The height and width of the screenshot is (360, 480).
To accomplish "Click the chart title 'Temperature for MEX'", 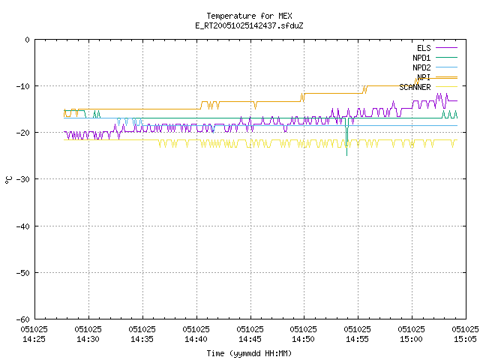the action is point(249,16).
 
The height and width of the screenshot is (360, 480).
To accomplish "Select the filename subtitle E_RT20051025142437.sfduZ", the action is point(249,25).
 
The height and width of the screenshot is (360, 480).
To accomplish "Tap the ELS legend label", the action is point(424,48).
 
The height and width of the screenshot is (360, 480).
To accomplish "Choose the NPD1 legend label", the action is point(421,58).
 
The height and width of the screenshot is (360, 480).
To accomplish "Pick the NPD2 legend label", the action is point(421,67).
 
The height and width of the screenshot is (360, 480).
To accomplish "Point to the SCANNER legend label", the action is point(415,87).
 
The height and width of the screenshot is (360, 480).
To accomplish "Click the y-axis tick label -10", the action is point(23,86).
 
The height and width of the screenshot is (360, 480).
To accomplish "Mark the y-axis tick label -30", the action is point(23,179).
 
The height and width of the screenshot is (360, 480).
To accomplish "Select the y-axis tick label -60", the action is point(23,319).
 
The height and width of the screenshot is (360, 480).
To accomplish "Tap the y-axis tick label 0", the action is point(28,40).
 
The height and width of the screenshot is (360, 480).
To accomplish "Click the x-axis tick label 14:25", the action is point(34,339).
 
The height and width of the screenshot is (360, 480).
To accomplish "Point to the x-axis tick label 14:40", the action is point(196,339).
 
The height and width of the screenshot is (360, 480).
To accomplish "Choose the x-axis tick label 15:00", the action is point(411,339).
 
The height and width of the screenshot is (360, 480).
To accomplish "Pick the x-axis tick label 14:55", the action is point(357,339).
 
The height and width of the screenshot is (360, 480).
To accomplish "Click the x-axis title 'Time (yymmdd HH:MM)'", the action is point(249,353).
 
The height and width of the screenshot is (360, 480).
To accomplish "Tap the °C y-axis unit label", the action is point(8,180).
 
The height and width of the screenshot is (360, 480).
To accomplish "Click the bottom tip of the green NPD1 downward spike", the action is point(346,155).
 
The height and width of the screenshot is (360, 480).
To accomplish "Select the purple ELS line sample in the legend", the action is point(446,48).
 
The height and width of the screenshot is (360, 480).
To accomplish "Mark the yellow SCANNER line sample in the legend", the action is point(446,87).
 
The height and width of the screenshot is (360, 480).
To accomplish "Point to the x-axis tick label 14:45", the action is point(250,339).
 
